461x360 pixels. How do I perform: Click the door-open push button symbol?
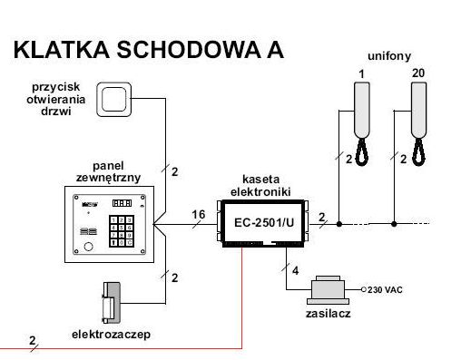pyautogui.click(x=114, y=100)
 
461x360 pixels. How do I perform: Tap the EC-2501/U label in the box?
pyautogui.click(x=264, y=223)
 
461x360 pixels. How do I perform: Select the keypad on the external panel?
pyautogui.click(x=122, y=230)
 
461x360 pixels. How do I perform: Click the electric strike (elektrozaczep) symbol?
pyautogui.click(x=112, y=303)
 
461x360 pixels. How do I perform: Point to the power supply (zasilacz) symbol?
pyautogui.click(x=328, y=290)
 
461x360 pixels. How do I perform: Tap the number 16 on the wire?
pyautogui.click(x=199, y=215)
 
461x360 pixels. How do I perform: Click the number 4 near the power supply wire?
pyautogui.click(x=296, y=270)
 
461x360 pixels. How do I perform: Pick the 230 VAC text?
pyautogui.click(x=385, y=290)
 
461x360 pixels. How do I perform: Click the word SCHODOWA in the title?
pyautogui.click(x=189, y=50)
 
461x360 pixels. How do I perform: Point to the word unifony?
pyautogui.click(x=389, y=56)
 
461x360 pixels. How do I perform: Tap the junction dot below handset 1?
pyautogui.click(x=339, y=224)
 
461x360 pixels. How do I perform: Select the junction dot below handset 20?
pyautogui.click(x=394, y=224)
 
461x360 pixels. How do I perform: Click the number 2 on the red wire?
pyautogui.click(x=33, y=341)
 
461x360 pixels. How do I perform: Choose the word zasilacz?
pyautogui.click(x=329, y=314)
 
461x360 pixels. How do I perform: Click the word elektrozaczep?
pyautogui.click(x=111, y=335)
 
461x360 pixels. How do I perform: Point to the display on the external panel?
pyautogui.click(x=122, y=203)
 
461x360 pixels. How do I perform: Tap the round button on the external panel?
pyautogui.click(x=88, y=247)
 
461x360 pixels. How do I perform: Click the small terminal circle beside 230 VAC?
pyautogui.click(x=364, y=289)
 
